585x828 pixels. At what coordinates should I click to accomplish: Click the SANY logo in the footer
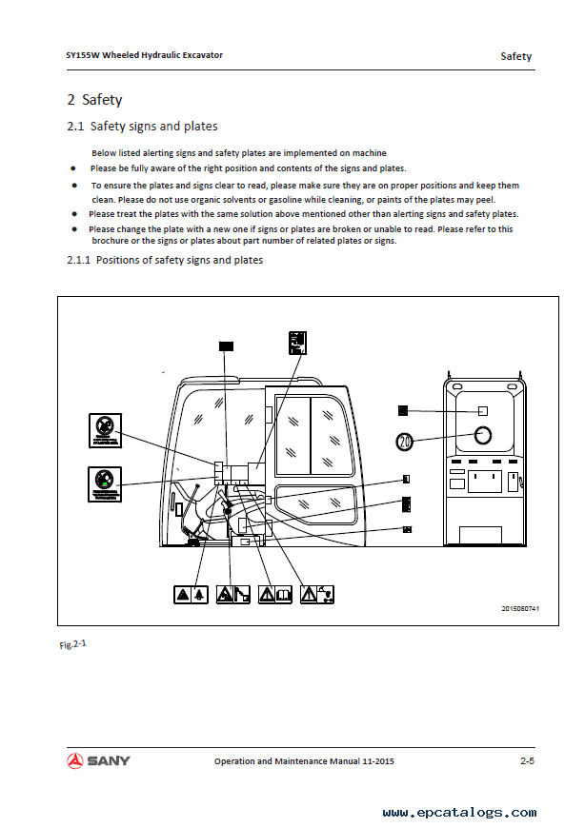pyautogui.click(x=99, y=760)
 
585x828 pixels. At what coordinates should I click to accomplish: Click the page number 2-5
pyautogui.click(x=526, y=761)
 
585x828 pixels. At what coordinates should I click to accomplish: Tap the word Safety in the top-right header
pyautogui.click(x=516, y=56)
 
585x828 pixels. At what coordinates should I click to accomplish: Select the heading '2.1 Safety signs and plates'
pyautogui.click(x=142, y=126)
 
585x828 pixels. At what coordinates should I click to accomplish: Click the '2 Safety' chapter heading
pyautogui.click(x=94, y=99)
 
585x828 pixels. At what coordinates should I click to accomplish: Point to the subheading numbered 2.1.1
pyautogui.click(x=165, y=260)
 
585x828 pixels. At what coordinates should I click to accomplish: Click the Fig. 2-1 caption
pyautogui.click(x=72, y=644)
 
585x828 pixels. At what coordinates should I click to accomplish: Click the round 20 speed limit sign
pyautogui.click(x=406, y=442)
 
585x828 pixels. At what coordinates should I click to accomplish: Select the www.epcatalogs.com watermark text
pyautogui.click(x=458, y=812)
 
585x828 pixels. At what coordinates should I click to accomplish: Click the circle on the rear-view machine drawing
pyautogui.click(x=483, y=435)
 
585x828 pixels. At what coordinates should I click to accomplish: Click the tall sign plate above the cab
pyautogui.click(x=298, y=342)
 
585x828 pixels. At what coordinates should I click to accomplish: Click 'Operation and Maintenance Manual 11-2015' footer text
pyautogui.click(x=304, y=761)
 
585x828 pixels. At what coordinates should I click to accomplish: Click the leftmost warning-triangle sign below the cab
pyautogui.click(x=191, y=595)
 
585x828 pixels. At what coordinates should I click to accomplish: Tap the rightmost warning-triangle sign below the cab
pyautogui.click(x=317, y=595)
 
